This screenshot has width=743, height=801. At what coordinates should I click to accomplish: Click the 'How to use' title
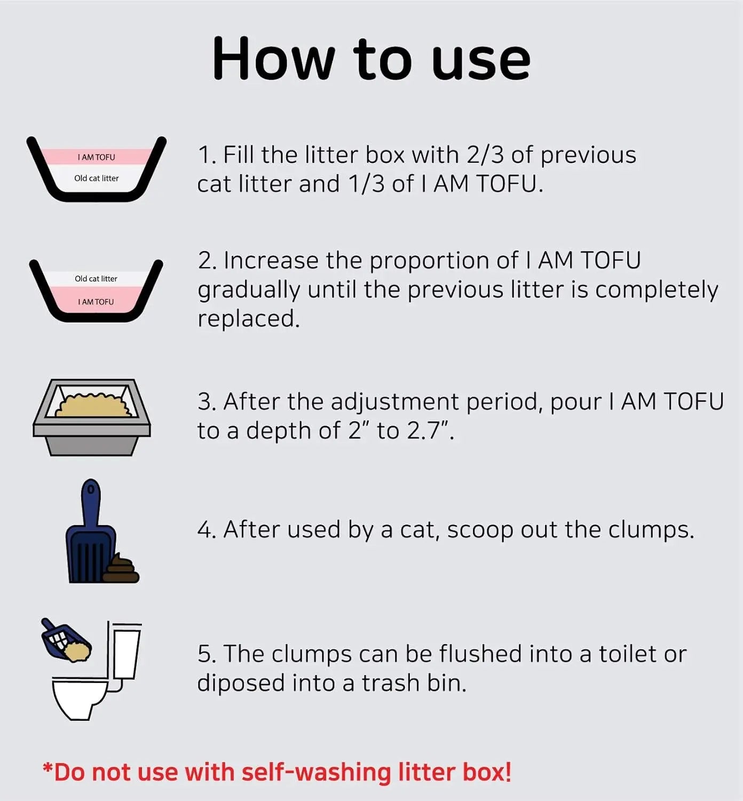(x=371, y=59)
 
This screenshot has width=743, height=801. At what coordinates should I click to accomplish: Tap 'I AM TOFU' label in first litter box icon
(x=96, y=157)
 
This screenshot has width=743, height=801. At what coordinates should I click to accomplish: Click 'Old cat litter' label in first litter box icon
(x=96, y=178)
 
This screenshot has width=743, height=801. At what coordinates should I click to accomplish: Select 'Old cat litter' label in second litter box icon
(x=96, y=279)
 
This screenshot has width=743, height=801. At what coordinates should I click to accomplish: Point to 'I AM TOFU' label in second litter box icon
(x=96, y=302)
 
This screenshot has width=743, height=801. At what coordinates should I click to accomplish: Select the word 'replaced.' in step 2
(x=249, y=319)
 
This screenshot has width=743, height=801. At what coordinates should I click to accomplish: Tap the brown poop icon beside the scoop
(x=122, y=569)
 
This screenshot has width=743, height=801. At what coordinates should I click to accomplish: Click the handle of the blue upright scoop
(x=91, y=502)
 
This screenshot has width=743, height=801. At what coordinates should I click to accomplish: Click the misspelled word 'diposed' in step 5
(x=241, y=683)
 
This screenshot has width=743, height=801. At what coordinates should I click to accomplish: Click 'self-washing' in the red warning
(x=317, y=773)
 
